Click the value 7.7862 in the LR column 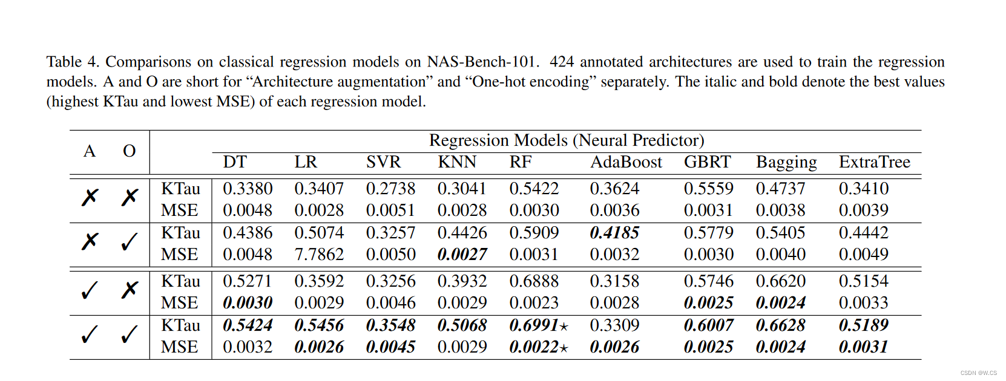(318, 255)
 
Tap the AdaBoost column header (626, 162)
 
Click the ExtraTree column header (874, 162)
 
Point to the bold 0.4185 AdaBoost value (614, 233)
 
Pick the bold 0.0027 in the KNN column (462, 255)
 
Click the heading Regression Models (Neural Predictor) (566, 140)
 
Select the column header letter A (90, 151)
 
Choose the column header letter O (129, 151)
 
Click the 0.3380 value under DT (248, 189)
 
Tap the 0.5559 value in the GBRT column (708, 189)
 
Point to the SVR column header (383, 162)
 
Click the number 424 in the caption (562, 62)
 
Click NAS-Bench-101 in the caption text (481, 62)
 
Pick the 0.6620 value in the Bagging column (780, 281)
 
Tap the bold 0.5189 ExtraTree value (863, 325)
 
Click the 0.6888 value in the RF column (534, 281)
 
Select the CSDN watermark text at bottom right (978, 373)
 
